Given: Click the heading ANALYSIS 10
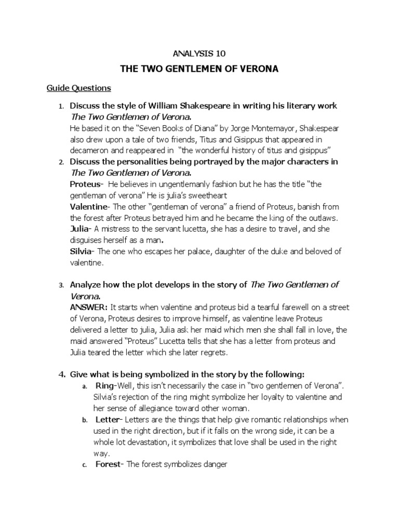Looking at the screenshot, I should click(x=199, y=53).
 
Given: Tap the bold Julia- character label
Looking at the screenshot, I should click(x=81, y=229).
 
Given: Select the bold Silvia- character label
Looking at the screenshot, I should click(x=82, y=252).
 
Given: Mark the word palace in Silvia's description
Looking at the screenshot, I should click(x=190, y=252).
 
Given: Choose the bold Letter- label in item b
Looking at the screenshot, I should click(x=109, y=420).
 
